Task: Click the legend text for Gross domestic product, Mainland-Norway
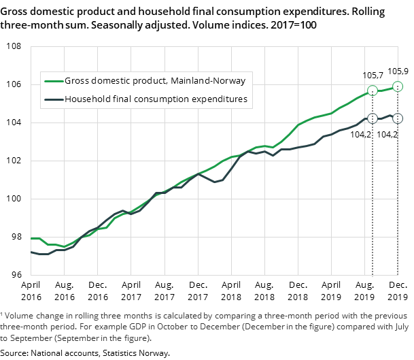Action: click(x=155, y=81)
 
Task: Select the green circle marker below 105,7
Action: click(x=373, y=91)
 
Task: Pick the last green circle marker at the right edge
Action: click(x=398, y=86)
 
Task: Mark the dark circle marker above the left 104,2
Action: click(x=373, y=118)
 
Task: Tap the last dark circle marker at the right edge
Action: click(x=398, y=118)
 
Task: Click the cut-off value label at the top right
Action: click(x=394, y=71)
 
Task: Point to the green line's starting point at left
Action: click(x=32, y=238)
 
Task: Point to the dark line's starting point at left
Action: click(x=32, y=252)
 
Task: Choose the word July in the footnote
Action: click(x=399, y=327)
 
